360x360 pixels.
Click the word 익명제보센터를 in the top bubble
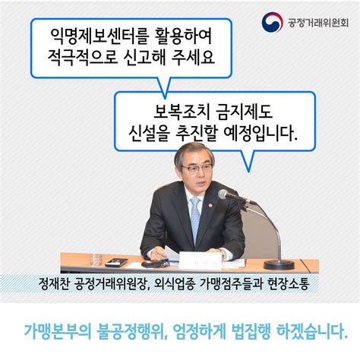93,36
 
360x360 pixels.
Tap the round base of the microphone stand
279,263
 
